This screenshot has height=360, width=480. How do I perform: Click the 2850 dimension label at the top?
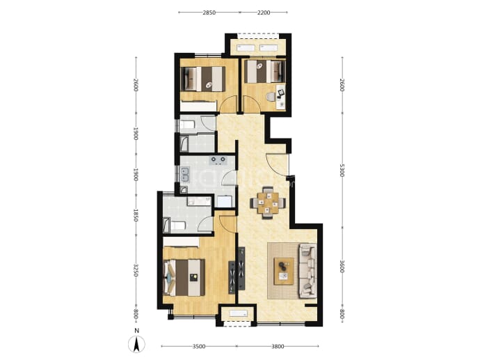209,13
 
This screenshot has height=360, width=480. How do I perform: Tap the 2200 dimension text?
264,13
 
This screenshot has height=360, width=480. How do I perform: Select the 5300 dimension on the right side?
342,170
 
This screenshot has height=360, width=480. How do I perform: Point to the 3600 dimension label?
342,266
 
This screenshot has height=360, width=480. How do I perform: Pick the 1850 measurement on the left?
136,215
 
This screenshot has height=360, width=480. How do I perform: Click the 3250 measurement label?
136,270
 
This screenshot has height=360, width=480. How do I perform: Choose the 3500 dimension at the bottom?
199,347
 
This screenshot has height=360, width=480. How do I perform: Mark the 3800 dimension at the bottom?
278,347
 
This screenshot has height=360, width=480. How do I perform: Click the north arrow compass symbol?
136,344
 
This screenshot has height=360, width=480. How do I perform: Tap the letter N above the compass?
137,331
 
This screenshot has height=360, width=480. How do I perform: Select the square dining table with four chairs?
268,203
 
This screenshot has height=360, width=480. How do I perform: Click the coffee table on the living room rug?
284,271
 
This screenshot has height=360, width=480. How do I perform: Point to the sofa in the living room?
308,271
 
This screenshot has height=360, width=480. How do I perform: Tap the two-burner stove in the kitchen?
218,159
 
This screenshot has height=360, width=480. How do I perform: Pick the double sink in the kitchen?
185,174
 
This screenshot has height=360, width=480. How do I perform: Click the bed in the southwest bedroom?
184,278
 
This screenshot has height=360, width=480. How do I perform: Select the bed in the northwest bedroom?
203,79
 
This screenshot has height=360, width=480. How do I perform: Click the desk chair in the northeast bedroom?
271,97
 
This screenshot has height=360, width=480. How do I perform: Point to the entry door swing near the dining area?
278,164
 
